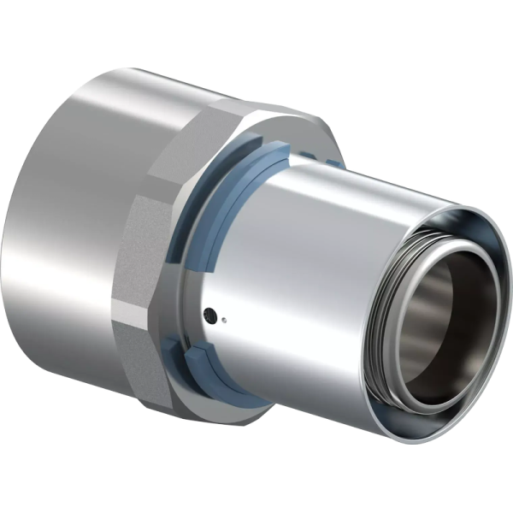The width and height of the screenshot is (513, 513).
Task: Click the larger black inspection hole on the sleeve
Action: [208, 316]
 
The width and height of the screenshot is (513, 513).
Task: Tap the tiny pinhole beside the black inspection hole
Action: [221, 322]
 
